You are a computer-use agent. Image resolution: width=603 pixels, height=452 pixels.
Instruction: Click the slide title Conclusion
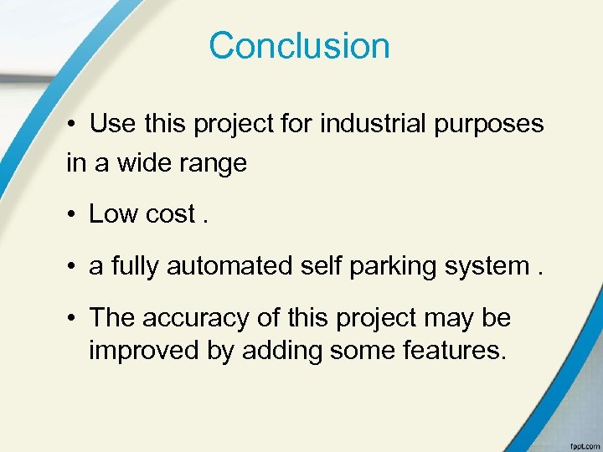click(299, 45)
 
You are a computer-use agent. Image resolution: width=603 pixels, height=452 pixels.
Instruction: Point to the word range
click(215, 164)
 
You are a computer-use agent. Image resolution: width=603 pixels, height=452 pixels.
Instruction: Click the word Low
click(114, 214)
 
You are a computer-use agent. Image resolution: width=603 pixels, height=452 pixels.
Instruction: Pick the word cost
click(170, 215)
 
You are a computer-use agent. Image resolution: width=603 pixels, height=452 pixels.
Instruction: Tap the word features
click(451, 349)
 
